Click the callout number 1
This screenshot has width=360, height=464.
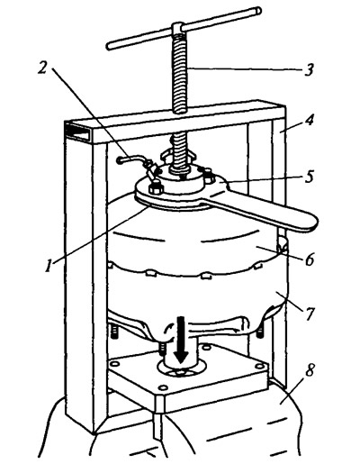49,266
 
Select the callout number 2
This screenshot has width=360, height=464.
42,68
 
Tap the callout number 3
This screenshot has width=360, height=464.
309,69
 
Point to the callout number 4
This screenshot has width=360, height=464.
310,121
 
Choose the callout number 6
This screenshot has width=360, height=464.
310,259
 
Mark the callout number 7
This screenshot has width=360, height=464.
310,314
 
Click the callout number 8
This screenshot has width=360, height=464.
310,370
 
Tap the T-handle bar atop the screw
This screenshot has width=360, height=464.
184,28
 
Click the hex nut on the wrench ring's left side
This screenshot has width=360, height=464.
156,188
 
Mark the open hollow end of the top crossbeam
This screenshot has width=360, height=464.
77,132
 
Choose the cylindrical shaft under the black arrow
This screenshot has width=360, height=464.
180,350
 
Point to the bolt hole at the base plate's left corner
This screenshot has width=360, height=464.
114,364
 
